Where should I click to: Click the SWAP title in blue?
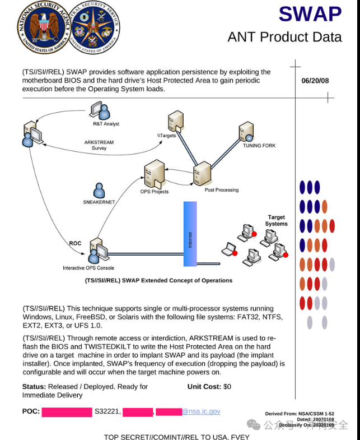310,14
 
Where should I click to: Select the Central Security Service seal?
95,27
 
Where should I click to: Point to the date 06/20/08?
315,81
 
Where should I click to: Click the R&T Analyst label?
106,124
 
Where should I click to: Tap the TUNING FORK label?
259,146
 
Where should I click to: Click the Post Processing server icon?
202,173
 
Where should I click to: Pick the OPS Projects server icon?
154,174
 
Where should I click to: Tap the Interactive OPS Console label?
88,268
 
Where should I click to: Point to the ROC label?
75,243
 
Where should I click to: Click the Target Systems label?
276,220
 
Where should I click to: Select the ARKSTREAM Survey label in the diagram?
99,145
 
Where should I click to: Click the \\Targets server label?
166,136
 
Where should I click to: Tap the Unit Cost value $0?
227,387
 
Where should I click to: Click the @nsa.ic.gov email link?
201,411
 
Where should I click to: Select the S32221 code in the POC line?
107,411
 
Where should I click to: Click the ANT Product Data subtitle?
284,37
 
